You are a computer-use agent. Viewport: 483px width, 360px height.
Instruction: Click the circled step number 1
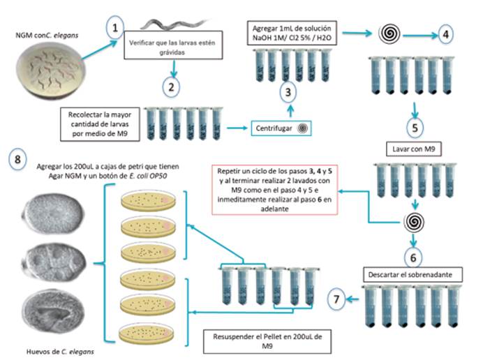click(x=115, y=27)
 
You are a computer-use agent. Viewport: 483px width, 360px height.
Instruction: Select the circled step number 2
click(x=170, y=86)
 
